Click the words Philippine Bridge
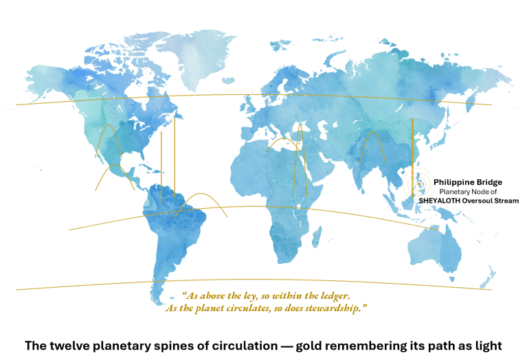point(468,182)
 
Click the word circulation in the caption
point(234,345)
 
